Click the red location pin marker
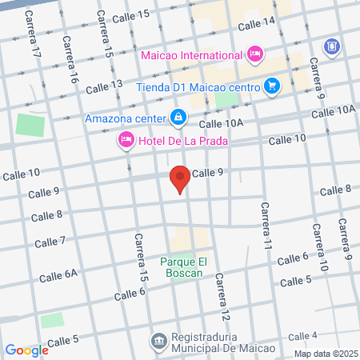tap(180, 179)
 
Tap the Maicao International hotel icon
tap(255, 54)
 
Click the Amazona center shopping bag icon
tap(178, 118)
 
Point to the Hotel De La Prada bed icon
tap(126, 141)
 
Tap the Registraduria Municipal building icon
tap(158, 341)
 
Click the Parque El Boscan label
tap(188, 266)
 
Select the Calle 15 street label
tap(131, 16)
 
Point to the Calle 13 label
tap(105, 84)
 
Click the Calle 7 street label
tap(50, 242)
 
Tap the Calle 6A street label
tap(59, 274)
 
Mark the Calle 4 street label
tap(304, 335)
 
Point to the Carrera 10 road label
tap(319, 248)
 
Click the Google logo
tap(26, 350)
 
